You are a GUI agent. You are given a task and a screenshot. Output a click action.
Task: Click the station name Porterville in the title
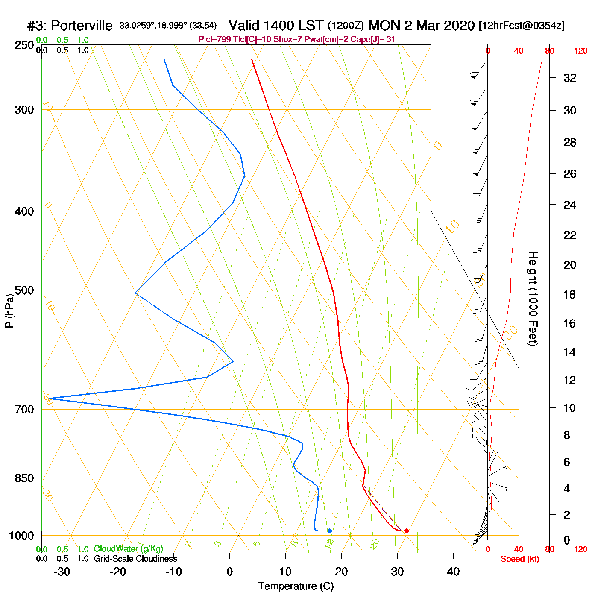click(81, 26)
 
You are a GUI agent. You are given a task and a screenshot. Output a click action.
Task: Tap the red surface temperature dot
click(406, 531)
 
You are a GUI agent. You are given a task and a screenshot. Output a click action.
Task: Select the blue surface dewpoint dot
click(329, 531)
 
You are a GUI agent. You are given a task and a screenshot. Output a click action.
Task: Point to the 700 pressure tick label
click(24, 410)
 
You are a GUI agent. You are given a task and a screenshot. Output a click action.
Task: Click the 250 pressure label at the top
click(24, 45)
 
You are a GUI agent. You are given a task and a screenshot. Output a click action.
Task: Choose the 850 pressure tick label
click(24, 478)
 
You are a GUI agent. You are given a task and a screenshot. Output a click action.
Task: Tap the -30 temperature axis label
click(62, 572)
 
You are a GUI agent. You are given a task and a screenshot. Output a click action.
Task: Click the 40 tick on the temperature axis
click(453, 572)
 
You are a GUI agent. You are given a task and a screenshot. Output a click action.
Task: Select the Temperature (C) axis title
click(296, 586)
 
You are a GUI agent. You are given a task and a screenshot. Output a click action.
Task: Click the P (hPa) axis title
click(9, 311)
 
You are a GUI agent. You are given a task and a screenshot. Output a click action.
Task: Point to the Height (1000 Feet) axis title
click(533, 299)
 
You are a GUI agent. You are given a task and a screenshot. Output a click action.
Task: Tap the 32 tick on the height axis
click(570, 78)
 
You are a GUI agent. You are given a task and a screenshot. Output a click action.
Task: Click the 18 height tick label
click(569, 295)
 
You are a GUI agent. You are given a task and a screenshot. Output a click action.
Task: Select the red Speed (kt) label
click(520, 559)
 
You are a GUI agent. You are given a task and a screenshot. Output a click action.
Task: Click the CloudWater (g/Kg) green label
click(128, 549)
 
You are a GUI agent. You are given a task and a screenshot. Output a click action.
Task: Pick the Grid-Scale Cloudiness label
click(135, 559)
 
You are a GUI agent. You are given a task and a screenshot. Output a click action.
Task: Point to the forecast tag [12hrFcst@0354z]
click(522, 26)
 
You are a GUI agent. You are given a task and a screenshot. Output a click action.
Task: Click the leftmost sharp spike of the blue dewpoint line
click(50, 399)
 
